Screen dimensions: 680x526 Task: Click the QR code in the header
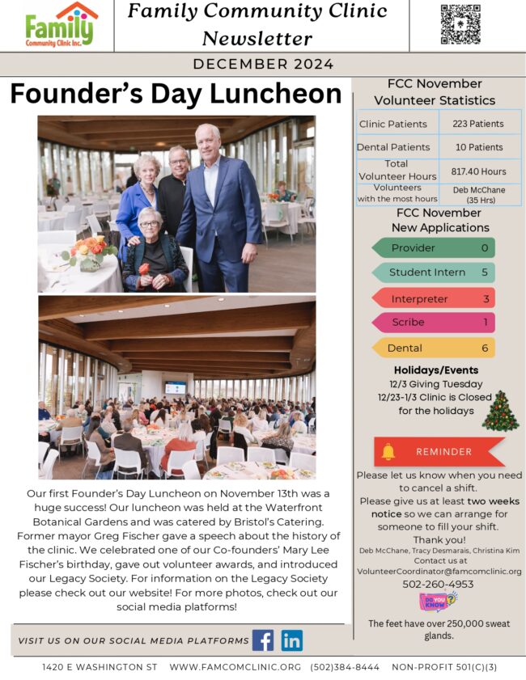click(460, 24)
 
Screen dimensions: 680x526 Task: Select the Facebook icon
click(263, 640)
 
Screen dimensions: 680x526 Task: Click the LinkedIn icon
click(292, 640)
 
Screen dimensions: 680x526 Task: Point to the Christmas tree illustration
click(500, 410)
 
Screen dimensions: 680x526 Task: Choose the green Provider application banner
click(433, 247)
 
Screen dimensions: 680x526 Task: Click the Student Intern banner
click(433, 272)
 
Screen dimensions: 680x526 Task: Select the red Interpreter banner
click(433, 298)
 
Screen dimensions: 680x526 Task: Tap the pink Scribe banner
click(433, 322)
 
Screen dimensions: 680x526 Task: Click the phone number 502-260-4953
click(439, 584)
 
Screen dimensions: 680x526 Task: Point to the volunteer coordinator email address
click(439, 571)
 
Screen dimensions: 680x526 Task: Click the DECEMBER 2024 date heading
click(263, 65)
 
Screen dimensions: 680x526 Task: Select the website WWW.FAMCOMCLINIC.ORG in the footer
click(235, 667)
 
